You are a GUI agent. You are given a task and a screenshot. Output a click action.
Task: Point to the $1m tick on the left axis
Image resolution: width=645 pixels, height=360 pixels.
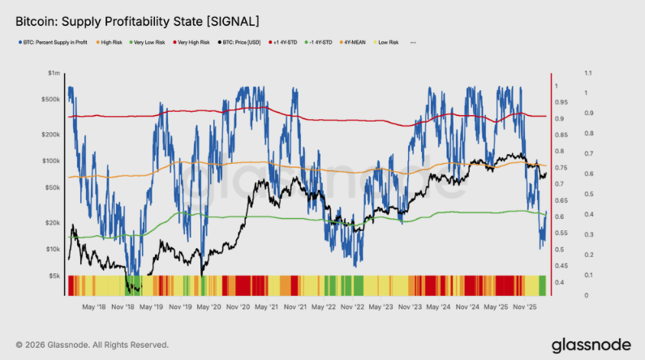click(54, 73)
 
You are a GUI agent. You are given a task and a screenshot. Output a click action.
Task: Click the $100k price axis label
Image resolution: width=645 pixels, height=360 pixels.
click(51, 161)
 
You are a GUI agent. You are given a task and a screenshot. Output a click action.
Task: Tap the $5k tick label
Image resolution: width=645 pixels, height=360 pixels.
click(54, 276)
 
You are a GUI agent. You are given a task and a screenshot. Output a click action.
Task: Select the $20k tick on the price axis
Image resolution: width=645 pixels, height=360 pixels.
click(52, 222)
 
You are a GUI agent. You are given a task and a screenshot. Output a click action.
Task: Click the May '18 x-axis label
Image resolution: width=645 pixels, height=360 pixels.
click(95, 307)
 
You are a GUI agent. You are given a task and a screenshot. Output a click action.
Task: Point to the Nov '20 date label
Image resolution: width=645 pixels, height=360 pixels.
click(238, 307)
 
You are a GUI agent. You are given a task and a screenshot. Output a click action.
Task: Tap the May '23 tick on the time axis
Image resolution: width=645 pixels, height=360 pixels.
click(383, 307)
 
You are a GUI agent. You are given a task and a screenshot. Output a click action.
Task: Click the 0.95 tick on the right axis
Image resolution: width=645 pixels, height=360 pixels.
click(562, 102)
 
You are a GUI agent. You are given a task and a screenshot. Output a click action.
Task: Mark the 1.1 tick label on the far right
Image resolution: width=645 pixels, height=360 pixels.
click(587, 73)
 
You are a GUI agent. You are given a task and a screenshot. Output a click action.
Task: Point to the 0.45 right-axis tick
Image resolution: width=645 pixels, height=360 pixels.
click(562, 265)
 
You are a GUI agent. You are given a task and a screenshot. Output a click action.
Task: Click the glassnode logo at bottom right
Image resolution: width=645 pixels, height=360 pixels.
click(590, 345)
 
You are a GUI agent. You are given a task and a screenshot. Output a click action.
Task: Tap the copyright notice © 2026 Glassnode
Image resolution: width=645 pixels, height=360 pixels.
click(92, 345)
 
